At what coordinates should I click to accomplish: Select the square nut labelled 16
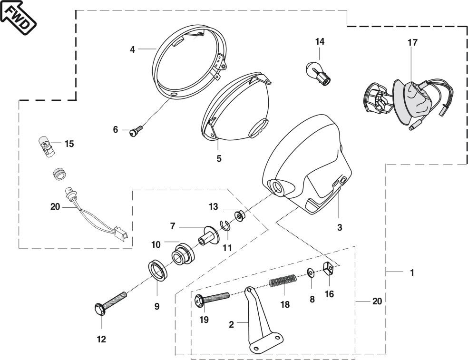pyautogui.click(x=329, y=269)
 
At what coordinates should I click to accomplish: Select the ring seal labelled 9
pyautogui.click(x=158, y=271)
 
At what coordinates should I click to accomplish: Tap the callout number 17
pyautogui.click(x=412, y=42)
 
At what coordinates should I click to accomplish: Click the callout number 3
pyautogui.click(x=340, y=227)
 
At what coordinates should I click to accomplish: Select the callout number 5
pyautogui.click(x=219, y=158)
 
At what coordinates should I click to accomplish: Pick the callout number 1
pyautogui.click(x=412, y=272)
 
